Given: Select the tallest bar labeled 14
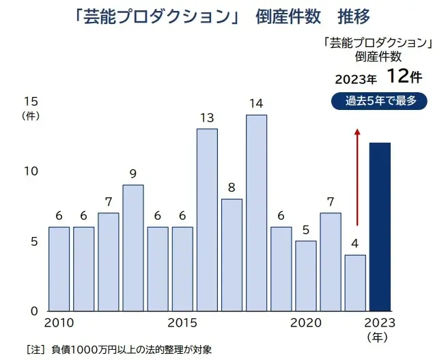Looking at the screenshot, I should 256,212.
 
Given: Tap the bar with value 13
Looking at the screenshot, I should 207,219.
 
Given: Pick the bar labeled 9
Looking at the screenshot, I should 133,247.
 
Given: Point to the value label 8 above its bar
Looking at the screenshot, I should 232,187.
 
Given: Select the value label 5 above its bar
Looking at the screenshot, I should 305,230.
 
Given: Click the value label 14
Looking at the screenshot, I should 256,104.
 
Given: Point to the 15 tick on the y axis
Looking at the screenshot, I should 30,101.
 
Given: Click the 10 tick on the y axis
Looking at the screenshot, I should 30,171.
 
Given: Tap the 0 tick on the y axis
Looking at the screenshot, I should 33,311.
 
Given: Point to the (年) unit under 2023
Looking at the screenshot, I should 379,337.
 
